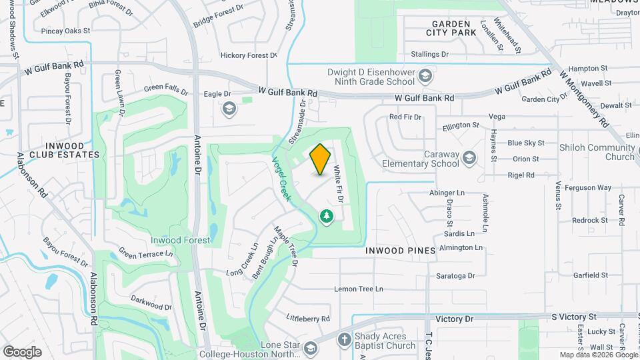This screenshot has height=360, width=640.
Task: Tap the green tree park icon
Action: tap(326, 216)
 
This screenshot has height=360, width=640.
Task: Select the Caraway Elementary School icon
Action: tap(470, 157)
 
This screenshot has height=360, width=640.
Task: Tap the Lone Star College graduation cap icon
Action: tap(310, 349)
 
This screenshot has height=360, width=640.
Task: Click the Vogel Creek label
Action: tap(281, 179)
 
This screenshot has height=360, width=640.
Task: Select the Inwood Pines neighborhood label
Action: tap(400, 251)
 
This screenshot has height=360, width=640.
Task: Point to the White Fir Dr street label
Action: tap(338, 185)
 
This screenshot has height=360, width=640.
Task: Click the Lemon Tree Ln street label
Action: tap(359, 289)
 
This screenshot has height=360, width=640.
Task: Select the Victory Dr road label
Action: tap(447, 319)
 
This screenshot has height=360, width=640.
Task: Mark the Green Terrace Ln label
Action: tap(145, 254)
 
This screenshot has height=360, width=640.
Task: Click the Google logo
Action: tap(22, 351)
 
